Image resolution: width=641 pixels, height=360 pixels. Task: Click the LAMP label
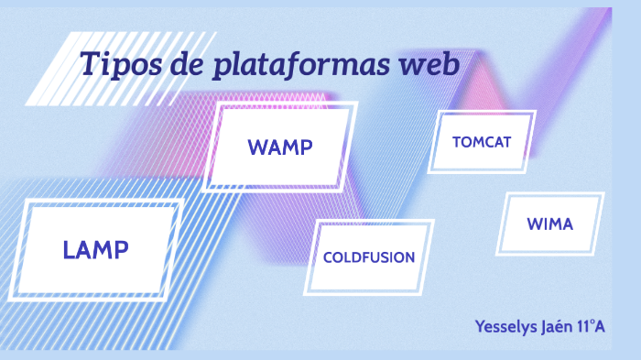[x=95, y=248]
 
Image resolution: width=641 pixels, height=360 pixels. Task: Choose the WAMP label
[x=280, y=147]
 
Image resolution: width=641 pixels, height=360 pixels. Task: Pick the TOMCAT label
[x=482, y=142]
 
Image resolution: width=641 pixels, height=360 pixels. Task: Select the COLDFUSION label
[x=369, y=257]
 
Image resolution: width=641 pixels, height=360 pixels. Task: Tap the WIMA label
[x=550, y=224]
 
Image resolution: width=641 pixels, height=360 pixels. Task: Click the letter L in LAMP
[x=69, y=248]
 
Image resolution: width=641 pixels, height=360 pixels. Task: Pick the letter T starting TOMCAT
[x=456, y=142]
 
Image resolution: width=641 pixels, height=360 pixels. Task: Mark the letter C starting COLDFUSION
[x=328, y=257]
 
